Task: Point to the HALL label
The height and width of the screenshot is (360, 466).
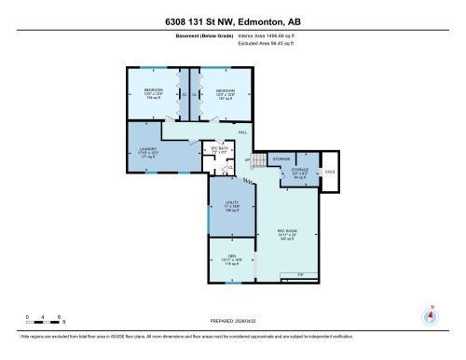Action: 241,132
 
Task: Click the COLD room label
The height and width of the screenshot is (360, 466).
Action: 329,172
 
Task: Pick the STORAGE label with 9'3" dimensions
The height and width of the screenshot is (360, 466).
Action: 300,172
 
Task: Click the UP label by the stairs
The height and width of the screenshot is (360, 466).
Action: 246,160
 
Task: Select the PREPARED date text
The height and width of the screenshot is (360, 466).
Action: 232,316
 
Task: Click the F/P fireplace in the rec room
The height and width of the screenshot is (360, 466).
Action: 300,274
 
